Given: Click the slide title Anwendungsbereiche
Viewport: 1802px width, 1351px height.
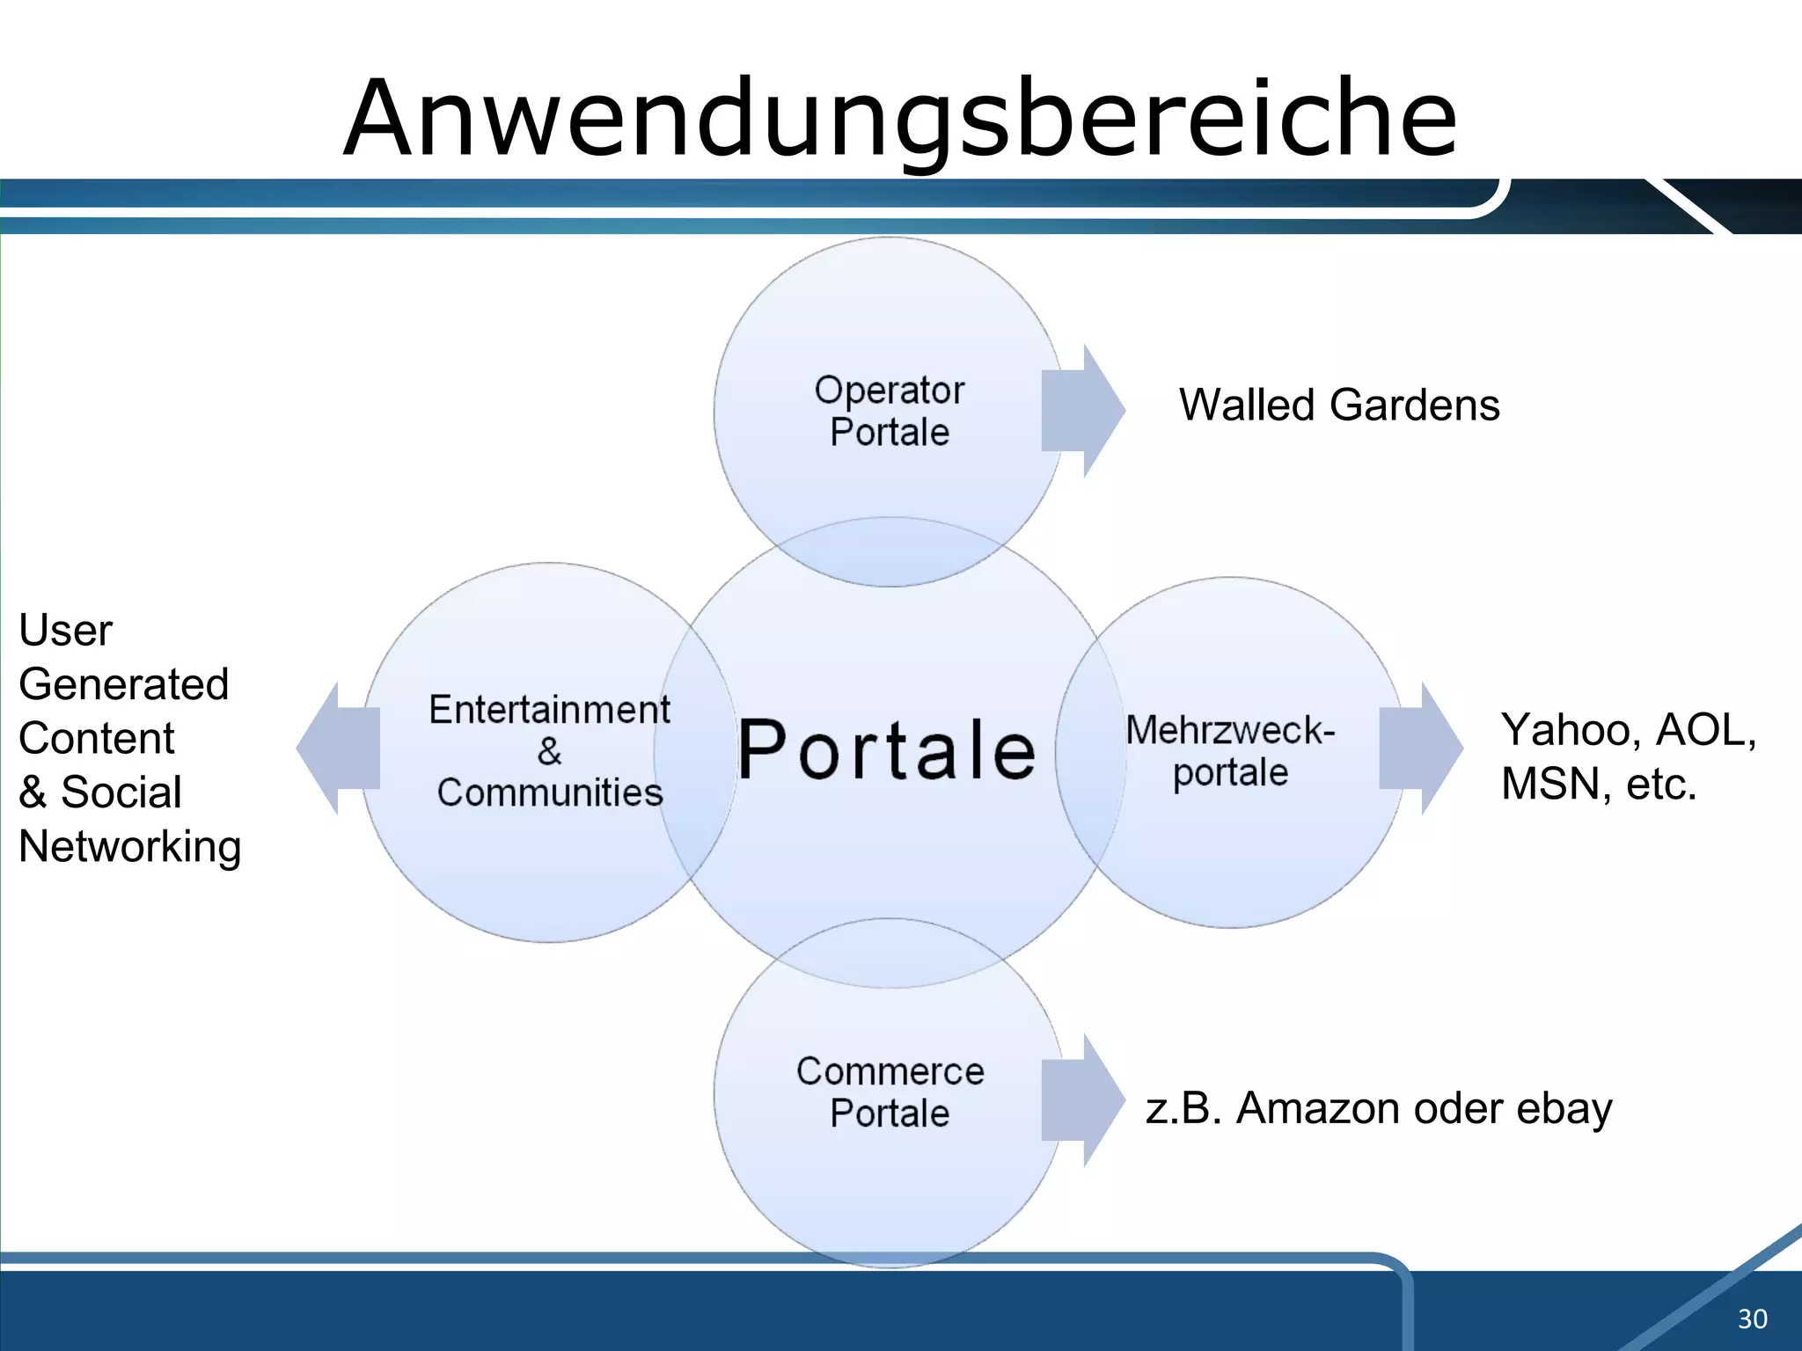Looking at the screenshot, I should click(900, 119).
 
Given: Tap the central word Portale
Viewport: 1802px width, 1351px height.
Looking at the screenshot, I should click(887, 750).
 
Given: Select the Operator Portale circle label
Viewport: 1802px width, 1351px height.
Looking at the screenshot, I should click(890, 411).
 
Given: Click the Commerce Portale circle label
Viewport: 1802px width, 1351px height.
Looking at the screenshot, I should click(890, 1092).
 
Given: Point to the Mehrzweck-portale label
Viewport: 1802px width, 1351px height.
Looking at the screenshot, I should click(1230, 750).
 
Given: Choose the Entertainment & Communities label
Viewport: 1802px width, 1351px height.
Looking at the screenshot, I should click(550, 750).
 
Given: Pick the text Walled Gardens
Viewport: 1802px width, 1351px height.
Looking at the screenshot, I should click(1339, 405).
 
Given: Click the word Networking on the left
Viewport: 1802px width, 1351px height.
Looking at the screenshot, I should click(130, 847).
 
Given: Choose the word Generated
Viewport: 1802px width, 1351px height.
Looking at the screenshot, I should click(124, 684).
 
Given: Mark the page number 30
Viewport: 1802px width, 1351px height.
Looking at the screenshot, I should click(1752, 1318).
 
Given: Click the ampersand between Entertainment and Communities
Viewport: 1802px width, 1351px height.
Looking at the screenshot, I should click(550, 751).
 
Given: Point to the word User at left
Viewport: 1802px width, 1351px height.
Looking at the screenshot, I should click(66, 631).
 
